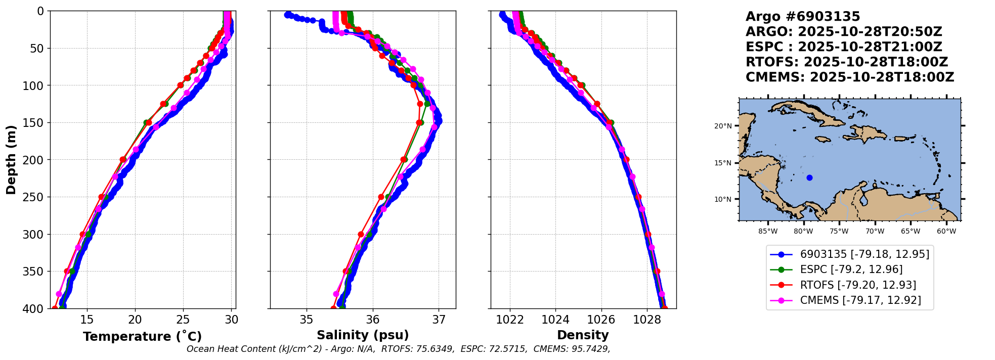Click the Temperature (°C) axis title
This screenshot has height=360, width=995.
tap(142, 336)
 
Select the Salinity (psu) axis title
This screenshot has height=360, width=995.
tap(363, 335)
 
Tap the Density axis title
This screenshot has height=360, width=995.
tap(583, 335)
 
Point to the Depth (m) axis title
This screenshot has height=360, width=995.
tap(11, 159)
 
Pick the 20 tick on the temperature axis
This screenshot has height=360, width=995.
tap(135, 320)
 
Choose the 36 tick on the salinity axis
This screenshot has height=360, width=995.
tap(373, 320)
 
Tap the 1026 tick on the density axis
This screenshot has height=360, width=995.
tap(601, 320)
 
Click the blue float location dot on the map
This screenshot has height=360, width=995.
tap(809, 177)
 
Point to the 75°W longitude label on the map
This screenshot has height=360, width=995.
tap(839, 232)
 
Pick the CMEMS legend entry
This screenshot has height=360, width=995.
tap(860, 300)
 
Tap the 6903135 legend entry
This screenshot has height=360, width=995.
tap(864, 254)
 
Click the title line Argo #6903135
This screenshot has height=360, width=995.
tap(803, 17)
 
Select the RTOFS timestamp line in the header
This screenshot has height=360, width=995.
tap(847, 62)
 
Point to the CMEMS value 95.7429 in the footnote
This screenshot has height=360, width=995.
tap(591, 349)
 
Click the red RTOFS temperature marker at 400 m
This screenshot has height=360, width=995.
tap(55, 308)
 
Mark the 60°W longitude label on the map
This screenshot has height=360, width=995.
tap(946, 232)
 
